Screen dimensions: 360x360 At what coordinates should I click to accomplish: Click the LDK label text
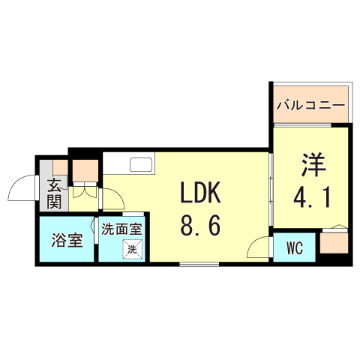[199, 193]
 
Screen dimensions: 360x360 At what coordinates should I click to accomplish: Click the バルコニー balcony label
[310, 105]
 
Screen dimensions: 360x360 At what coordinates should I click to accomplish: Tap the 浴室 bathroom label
[66, 241]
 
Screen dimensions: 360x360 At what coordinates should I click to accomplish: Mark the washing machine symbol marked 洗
[133, 248]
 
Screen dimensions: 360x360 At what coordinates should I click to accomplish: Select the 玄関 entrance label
[55, 193]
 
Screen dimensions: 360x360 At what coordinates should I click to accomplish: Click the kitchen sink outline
[140, 164]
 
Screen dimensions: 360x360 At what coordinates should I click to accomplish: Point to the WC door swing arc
[259, 247]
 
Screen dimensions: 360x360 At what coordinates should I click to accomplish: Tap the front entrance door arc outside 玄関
[24, 187]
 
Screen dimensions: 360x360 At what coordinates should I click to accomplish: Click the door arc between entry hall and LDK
[112, 199]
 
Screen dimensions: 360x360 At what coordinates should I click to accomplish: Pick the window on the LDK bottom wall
[199, 264]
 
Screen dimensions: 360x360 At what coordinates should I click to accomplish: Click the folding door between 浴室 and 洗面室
[97, 240]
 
